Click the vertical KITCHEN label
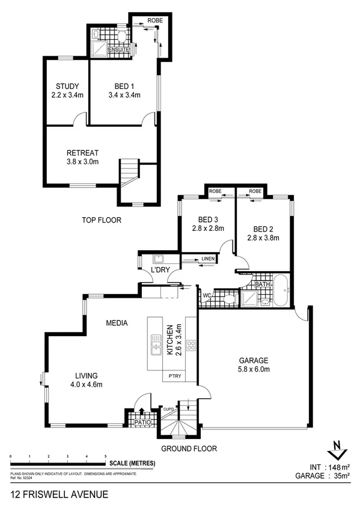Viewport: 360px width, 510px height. tap(170, 340)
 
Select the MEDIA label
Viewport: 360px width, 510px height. tap(117, 323)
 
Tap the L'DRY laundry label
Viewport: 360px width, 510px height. tap(159, 270)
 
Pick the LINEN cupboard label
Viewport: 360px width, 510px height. tap(208, 259)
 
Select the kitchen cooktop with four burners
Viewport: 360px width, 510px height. tap(191, 346)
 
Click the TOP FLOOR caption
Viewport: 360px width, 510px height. tap(102, 221)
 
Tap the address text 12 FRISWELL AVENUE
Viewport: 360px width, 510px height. tap(59, 494)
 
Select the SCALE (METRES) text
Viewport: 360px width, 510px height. tap(132, 463)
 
